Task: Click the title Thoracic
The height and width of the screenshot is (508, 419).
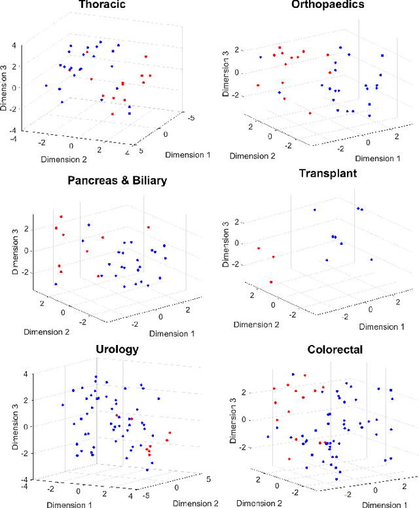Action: point(102,6)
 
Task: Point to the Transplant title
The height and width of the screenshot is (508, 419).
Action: point(327,173)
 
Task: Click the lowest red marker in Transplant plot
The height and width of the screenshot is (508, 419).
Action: point(270,283)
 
